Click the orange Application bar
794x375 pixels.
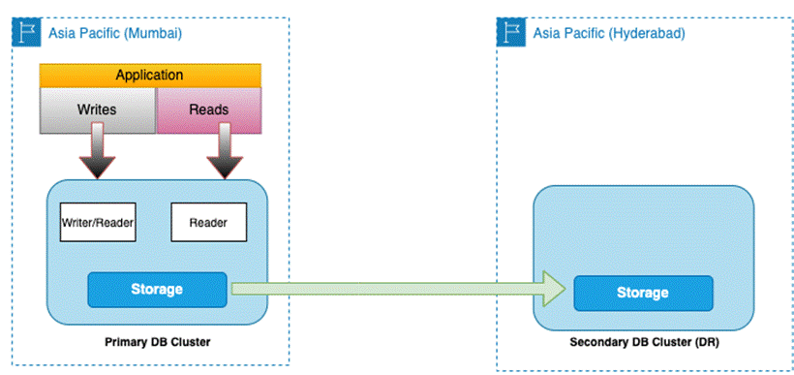click(150, 76)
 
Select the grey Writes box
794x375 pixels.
click(98, 110)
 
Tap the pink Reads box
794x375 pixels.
click(209, 110)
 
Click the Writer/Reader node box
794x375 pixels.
click(98, 222)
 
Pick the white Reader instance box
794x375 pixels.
click(208, 222)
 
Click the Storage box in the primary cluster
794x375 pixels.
click(157, 290)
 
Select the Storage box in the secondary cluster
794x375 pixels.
click(643, 293)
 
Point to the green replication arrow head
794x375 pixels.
click(555, 289)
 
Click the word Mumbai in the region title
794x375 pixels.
click(152, 34)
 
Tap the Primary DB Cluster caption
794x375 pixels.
click(158, 342)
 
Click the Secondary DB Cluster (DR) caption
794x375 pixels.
click(645, 342)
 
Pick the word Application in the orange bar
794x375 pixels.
click(149, 76)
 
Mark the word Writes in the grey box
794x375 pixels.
click(97, 109)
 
